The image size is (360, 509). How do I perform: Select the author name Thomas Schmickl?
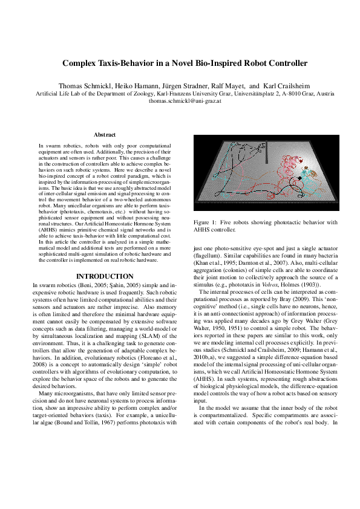click(x=81, y=86)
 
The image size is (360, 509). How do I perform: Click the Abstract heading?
click(x=104, y=135)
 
